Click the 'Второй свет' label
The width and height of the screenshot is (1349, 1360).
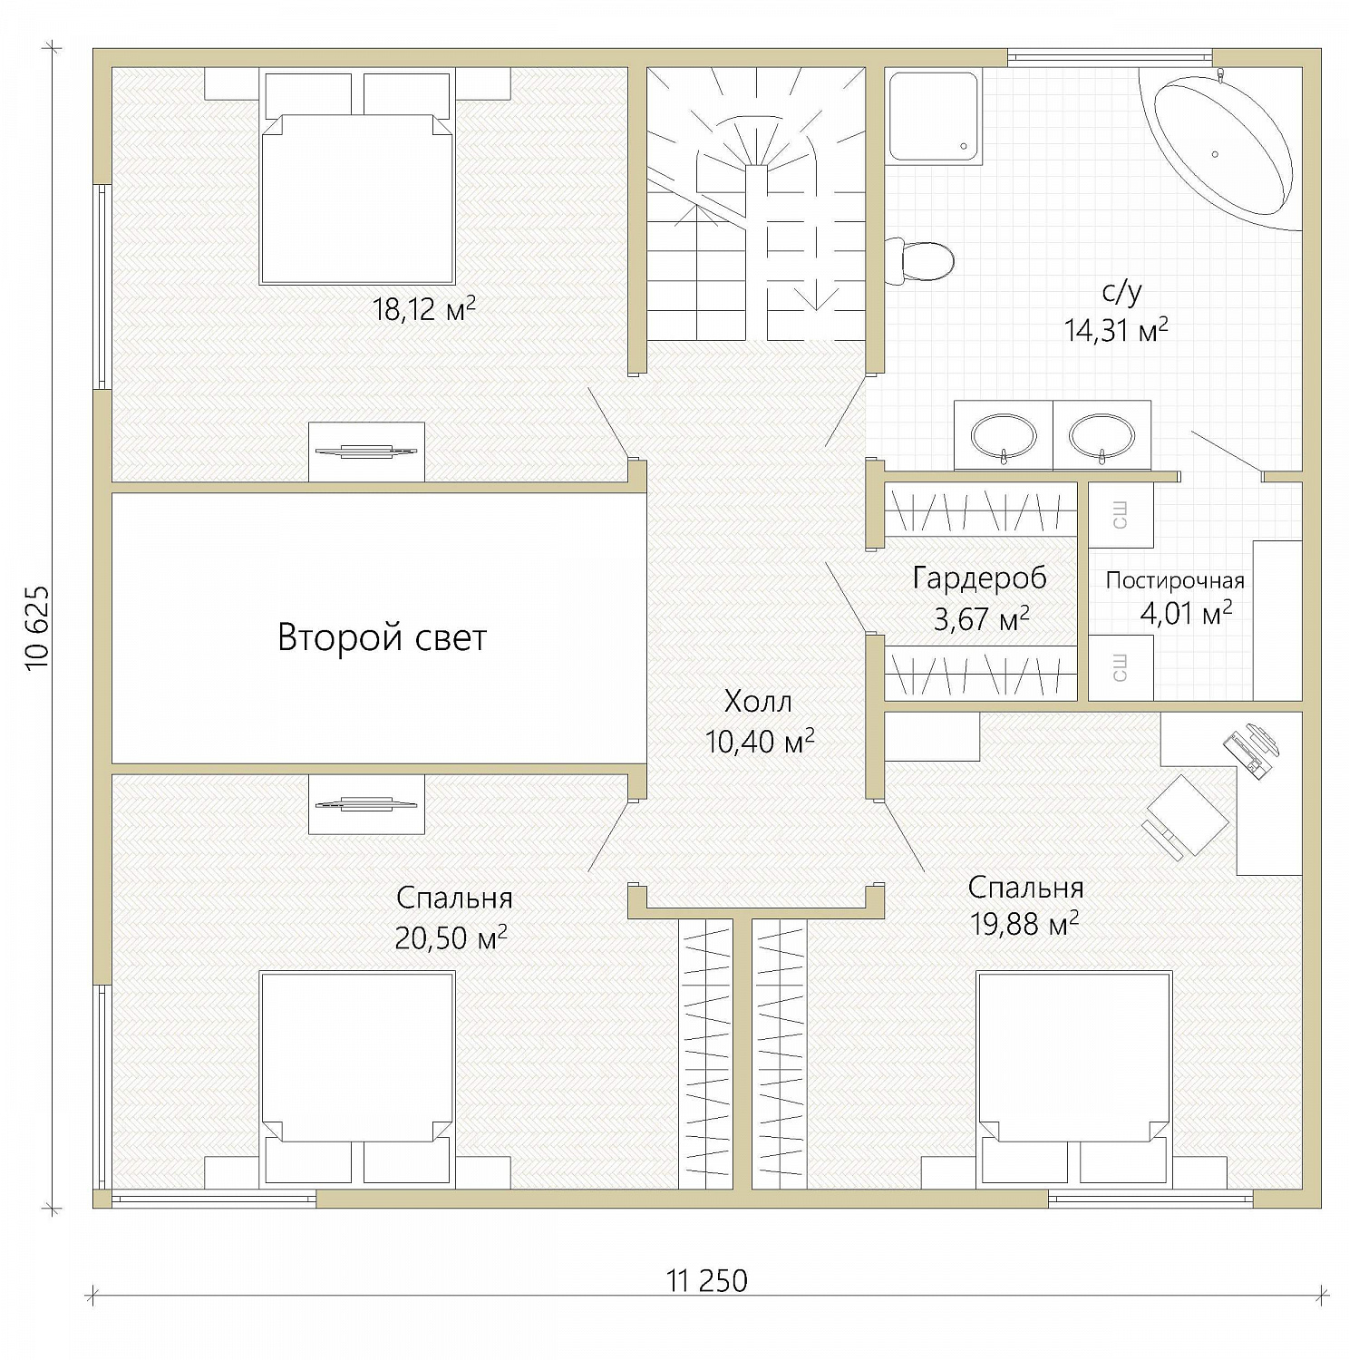point(382,637)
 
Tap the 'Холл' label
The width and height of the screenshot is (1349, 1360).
point(759,701)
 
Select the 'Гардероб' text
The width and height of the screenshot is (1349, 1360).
point(979,578)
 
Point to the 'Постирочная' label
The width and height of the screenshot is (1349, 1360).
point(1175,580)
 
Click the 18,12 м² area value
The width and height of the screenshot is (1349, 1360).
point(423,309)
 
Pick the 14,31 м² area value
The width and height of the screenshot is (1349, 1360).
point(1116,329)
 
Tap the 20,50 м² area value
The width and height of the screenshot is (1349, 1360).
point(451,937)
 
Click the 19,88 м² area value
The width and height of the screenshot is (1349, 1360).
point(1024,924)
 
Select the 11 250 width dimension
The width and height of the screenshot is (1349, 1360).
point(707,1281)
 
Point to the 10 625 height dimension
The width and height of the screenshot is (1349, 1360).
point(39,627)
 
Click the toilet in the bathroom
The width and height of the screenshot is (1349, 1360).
point(919,261)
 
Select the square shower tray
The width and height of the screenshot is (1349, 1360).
point(933,117)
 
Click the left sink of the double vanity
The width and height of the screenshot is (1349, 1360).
point(1004,437)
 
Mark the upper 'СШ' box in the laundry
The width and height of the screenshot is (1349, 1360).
point(1121,515)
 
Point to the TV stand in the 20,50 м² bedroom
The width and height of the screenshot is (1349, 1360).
point(366,804)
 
